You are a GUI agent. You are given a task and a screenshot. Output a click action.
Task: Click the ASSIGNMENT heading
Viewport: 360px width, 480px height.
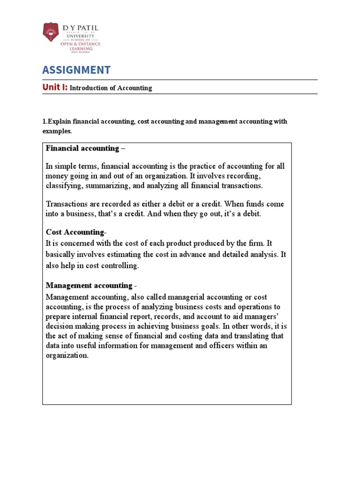point(76,70)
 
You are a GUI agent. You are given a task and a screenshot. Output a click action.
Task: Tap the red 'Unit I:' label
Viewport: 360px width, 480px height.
point(55,87)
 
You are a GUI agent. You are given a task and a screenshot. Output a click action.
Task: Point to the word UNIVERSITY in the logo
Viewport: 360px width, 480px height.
point(80,36)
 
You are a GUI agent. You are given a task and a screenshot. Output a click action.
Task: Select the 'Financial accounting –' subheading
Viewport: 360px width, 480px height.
point(86,149)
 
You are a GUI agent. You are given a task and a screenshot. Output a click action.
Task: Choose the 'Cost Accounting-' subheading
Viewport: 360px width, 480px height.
point(76,232)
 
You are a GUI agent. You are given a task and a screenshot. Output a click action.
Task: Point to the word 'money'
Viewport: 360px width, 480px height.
point(56,176)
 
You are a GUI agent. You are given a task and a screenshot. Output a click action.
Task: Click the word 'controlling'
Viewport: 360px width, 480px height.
point(120,265)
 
